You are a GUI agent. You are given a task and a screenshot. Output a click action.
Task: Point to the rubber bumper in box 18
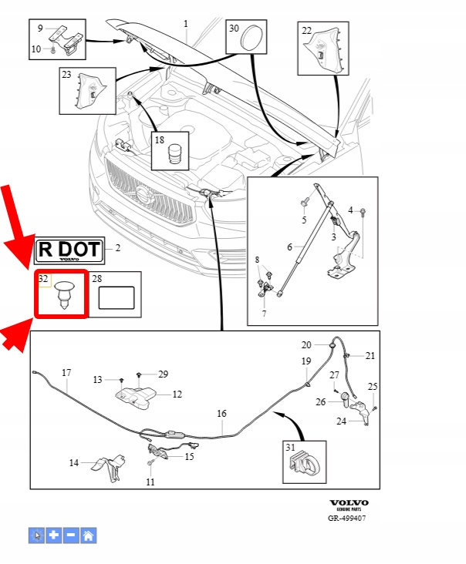[x=177, y=152]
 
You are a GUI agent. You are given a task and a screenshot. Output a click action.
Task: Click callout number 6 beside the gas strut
[x=290, y=247]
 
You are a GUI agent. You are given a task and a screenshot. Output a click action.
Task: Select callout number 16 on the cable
[x=221, y=414]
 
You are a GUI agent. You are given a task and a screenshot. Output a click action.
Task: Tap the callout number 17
[x=66, y=373]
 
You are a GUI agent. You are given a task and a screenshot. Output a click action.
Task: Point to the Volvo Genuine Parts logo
[x=349, y=506]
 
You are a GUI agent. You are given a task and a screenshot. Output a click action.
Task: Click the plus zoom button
[x=54, y=535]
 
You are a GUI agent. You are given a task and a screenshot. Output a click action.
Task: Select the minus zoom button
[x=71, y=535]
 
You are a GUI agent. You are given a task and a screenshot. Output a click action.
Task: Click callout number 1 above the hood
[x=186, y=24]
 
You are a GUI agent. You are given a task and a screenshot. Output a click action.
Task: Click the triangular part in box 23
[x=87, y=91]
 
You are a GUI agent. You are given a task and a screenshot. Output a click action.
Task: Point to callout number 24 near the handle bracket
[x=342, y=421]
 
